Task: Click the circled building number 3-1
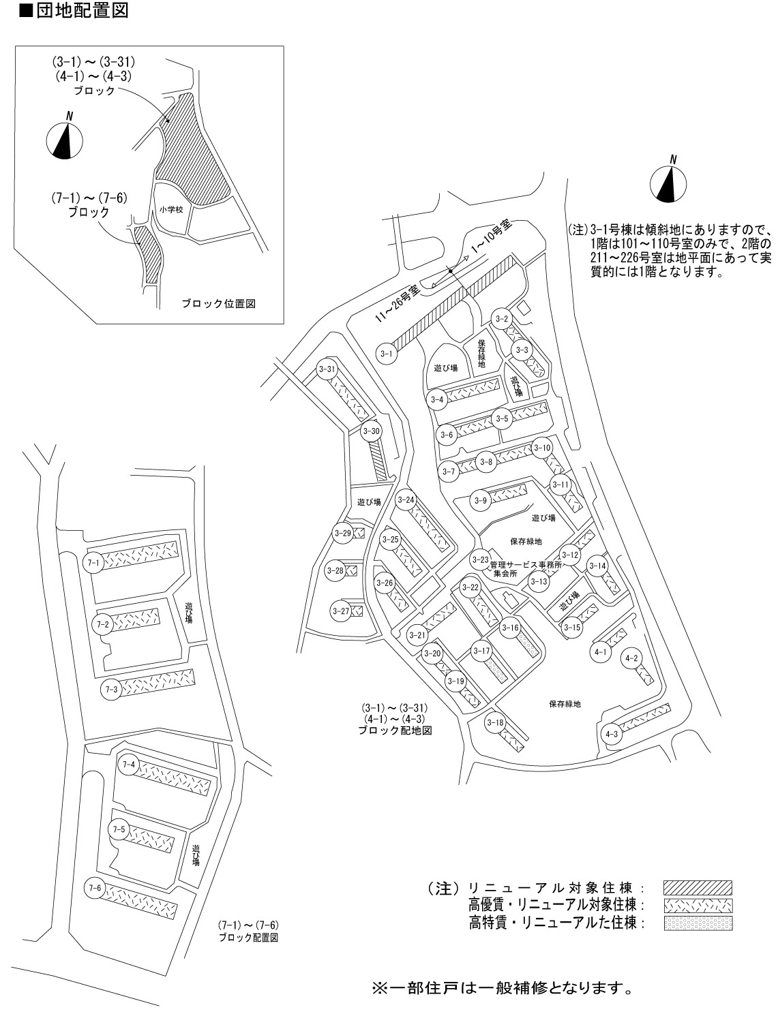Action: [x=386, y=354]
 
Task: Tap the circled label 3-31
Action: [x=327, y=369]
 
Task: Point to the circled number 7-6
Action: [x=95, y=888]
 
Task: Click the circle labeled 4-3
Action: [x=611, y=734]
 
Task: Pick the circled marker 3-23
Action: [x=481, y=560]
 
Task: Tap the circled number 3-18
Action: [x=495, y=723]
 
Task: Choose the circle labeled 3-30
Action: [x=372, y=431]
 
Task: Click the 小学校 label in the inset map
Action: [x=171, y=210]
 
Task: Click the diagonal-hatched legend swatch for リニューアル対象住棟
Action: [x=698, y=888]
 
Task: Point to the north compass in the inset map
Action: [x=65, y=138]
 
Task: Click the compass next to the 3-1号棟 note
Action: [x=668, y=182]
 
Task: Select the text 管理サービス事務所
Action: [x=526, y=565]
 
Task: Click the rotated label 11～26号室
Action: [x=398, y=304]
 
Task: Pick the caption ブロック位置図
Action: [x=219, y=304]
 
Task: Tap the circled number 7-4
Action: [x=129, y=765]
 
